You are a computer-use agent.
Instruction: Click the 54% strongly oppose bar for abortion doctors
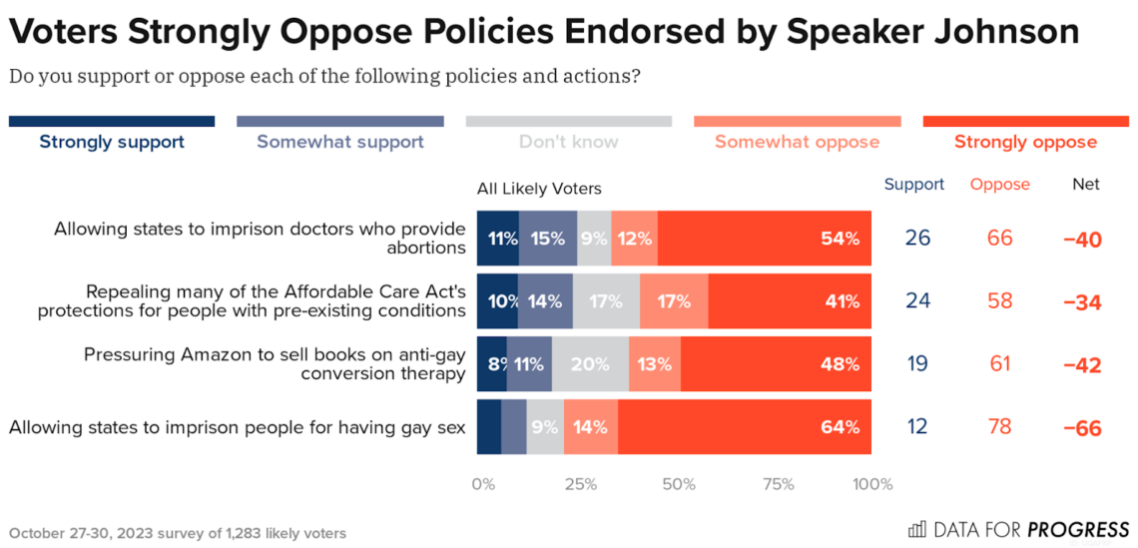(764, 239)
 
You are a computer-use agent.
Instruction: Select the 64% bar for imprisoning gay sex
(744, 427)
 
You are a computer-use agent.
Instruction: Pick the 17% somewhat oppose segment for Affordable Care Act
(674, 301)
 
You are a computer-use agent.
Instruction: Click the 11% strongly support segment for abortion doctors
(498, 239)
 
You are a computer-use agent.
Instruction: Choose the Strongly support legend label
(112, 142)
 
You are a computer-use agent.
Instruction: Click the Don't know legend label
(568, 142)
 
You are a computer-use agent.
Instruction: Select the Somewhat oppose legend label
(797, 142)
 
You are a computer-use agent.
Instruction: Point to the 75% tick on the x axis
(778, 485)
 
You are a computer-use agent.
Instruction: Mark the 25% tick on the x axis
(581, 485)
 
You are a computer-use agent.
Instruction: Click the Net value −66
(1082, 428)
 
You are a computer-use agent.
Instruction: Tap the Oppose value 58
(999, 301)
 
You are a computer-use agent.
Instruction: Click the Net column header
(1085, 185)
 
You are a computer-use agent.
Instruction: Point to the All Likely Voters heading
(539, 188)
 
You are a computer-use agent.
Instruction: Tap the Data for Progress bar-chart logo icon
(916, 529)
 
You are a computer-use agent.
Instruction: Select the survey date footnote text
(178, 533)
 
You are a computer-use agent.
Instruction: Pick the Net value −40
(1082, 240)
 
